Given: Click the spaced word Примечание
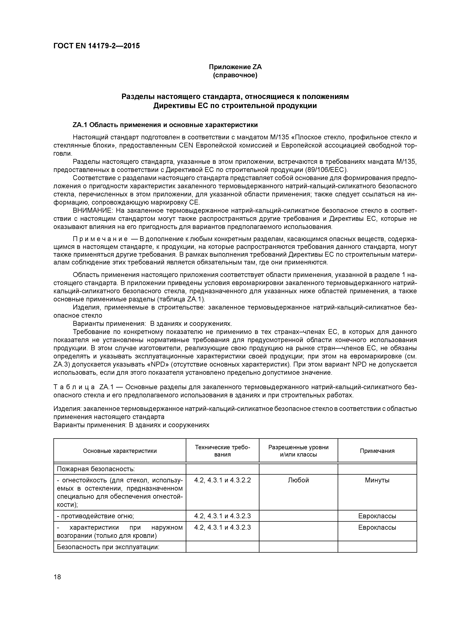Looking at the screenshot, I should tap(100, 239).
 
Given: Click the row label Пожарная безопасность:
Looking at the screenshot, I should tap(96, 469).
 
